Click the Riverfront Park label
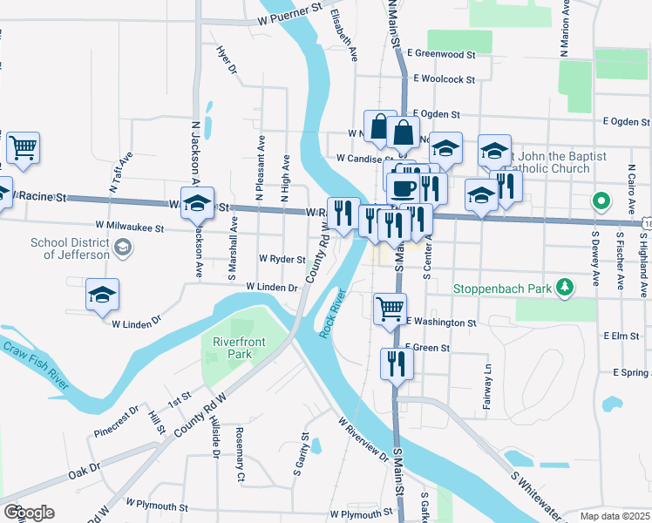point(233,348)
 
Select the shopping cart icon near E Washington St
point(390,309)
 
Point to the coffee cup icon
point(402,187)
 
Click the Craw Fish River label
point(34,363)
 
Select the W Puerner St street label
point(282,18)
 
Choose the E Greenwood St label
point(440,53)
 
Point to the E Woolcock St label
point(444,79)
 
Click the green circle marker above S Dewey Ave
point(601,201)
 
